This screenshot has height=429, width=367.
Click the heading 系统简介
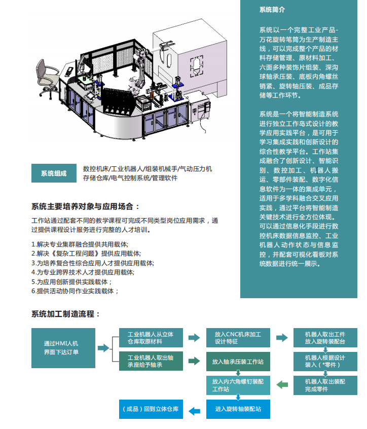[x=272, y=10]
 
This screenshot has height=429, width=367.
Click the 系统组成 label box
[x=53, y=173]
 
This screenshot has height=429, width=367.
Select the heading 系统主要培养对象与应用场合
[x=85, y=206]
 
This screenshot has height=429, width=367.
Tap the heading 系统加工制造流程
[x=65, y=314]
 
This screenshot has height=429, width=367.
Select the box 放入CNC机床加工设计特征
[x=238, y=338]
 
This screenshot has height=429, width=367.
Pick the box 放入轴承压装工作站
[x=238, y=362]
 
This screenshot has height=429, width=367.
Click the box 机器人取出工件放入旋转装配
[x=324, y=338]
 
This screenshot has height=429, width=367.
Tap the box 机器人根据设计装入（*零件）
[x=324, y=361]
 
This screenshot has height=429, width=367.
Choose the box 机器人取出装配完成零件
[x=324, y=385]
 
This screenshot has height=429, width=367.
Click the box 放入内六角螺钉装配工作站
[x=238, y=385]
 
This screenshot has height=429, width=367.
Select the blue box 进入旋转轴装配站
[x=238, y=409]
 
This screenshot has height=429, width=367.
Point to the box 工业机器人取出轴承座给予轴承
[x=151, y=362]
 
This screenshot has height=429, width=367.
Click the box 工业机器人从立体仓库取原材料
[x=151, y=338]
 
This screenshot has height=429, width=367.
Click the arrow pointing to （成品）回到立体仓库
[x=194, y=409]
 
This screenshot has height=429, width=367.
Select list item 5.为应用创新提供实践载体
[x=71, y=281]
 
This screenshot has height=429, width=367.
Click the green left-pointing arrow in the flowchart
[x=281, y=385]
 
